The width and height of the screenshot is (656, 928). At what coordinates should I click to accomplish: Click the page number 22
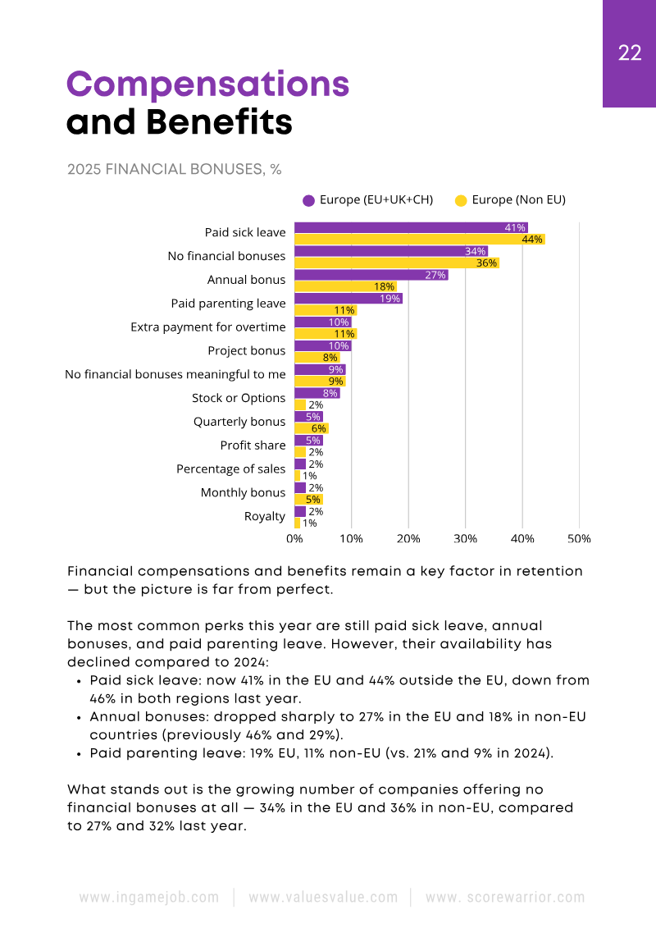coord(630,53)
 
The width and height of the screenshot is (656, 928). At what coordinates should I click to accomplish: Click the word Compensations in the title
coord(207,85)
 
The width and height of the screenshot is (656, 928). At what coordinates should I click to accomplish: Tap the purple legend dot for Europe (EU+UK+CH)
coord(309,200)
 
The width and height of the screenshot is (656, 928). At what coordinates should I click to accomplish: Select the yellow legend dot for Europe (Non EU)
coord(461,200)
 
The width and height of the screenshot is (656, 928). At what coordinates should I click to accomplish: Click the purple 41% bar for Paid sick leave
coord(410,227)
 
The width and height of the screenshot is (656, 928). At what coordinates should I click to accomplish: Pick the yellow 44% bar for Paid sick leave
coord(419,240)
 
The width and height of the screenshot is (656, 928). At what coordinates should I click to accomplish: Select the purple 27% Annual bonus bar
coord(371,275)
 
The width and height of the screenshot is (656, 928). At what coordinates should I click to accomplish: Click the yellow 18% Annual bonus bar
coord(345,287)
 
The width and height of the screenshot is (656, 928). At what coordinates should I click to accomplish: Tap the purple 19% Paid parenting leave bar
coord(348,299)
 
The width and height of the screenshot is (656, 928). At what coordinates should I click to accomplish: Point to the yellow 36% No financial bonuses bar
coord(396,263)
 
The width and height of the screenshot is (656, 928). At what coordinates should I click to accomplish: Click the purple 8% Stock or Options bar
coord(317,393)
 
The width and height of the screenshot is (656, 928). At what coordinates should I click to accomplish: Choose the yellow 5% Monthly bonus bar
coord(308,499)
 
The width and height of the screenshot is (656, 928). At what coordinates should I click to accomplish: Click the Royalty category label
coord(265,517)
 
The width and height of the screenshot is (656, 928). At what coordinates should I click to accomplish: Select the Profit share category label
coord(253,446)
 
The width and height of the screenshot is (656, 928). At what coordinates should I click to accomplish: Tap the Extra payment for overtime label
coord(208,327)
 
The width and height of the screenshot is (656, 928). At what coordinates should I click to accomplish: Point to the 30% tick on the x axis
coord(466,539)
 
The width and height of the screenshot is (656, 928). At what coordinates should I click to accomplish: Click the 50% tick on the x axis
coord(579,539)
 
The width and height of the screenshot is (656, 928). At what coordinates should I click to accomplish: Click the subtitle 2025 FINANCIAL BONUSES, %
coord(175,170)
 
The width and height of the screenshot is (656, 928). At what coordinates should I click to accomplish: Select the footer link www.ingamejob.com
coord(149,898)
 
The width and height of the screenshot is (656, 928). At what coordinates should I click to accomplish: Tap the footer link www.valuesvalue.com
coord(323,898)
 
